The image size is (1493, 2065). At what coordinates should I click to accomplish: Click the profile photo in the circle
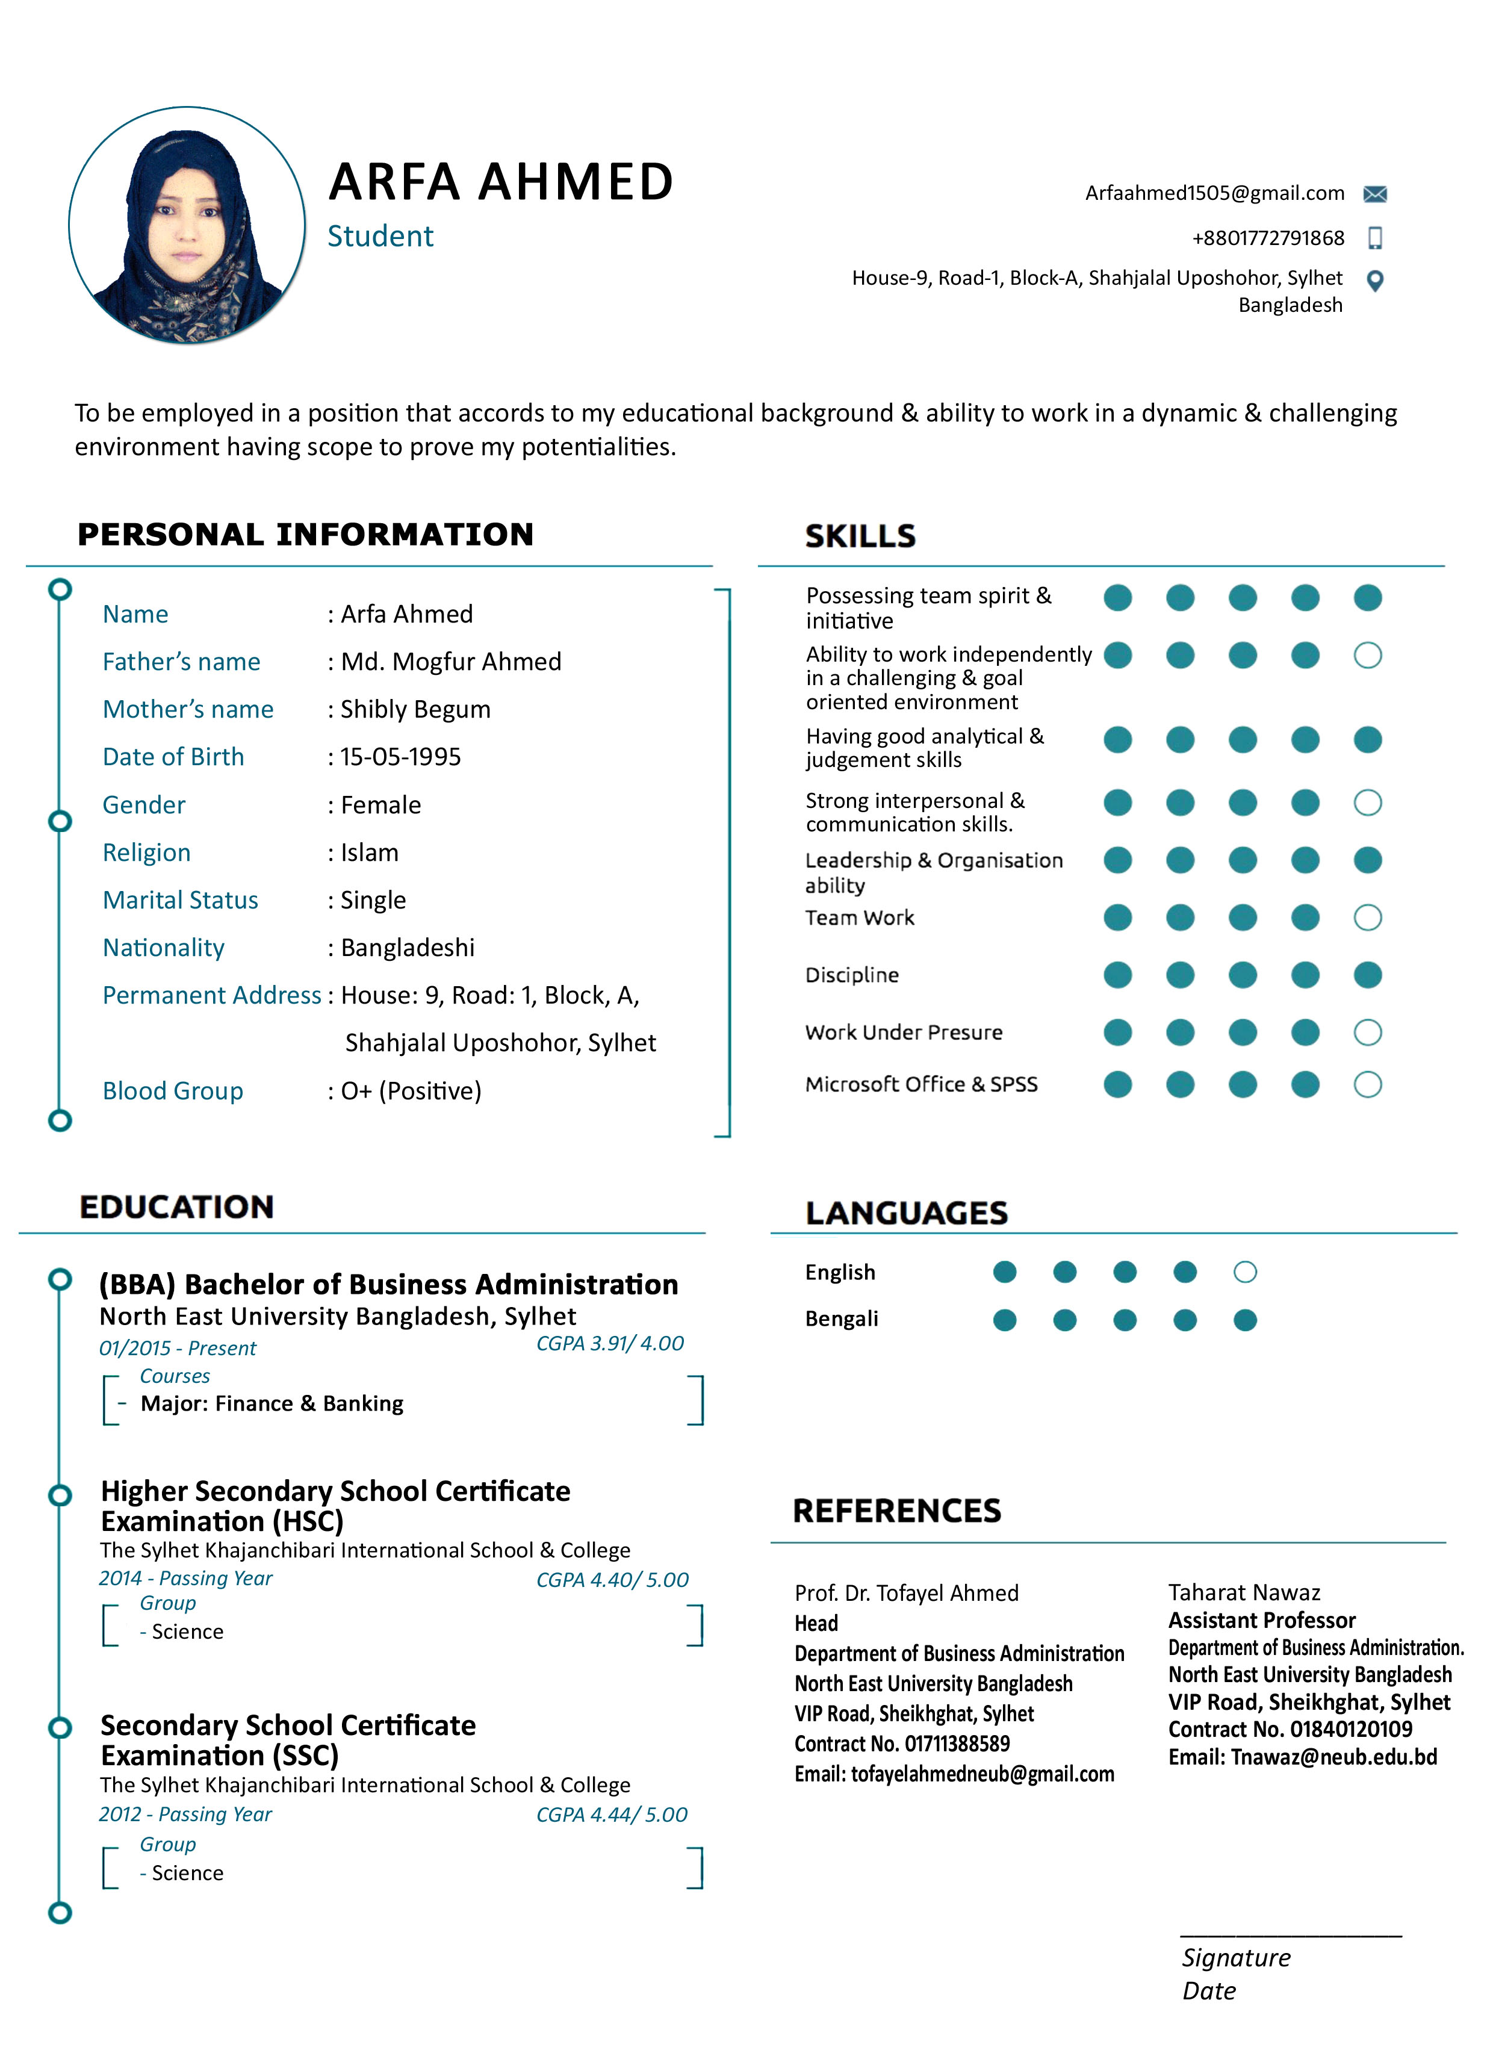pyautogui.click(x=187, y=225)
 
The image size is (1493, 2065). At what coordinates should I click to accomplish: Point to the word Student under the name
pyautogui.click(x=380, y=237)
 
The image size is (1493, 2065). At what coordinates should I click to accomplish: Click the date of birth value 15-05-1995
pyautogui.click(x=400, y=757)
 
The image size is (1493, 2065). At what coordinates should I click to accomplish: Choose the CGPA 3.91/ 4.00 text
pyautogui.click(x=610, y=1344)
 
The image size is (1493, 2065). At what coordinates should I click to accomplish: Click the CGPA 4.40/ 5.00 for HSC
pyautogui.click(x=612, y=1580)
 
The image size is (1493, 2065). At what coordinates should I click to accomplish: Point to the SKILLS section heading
pyautogui.click(x=860, y=536)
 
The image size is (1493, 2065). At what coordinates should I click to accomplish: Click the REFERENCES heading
pyautogui.click(x=897, y=1511)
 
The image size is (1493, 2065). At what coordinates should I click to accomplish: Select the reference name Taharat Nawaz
pyautogui.click(x=1244, y=1592)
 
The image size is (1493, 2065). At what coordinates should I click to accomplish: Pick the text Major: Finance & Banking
pyautogui.click(x=272, y=1404)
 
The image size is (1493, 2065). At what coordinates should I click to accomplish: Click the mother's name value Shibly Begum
pyautogui.click(x=415, y=710)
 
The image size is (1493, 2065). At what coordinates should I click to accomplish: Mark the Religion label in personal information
pyautogui.click(x=146, y=853)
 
